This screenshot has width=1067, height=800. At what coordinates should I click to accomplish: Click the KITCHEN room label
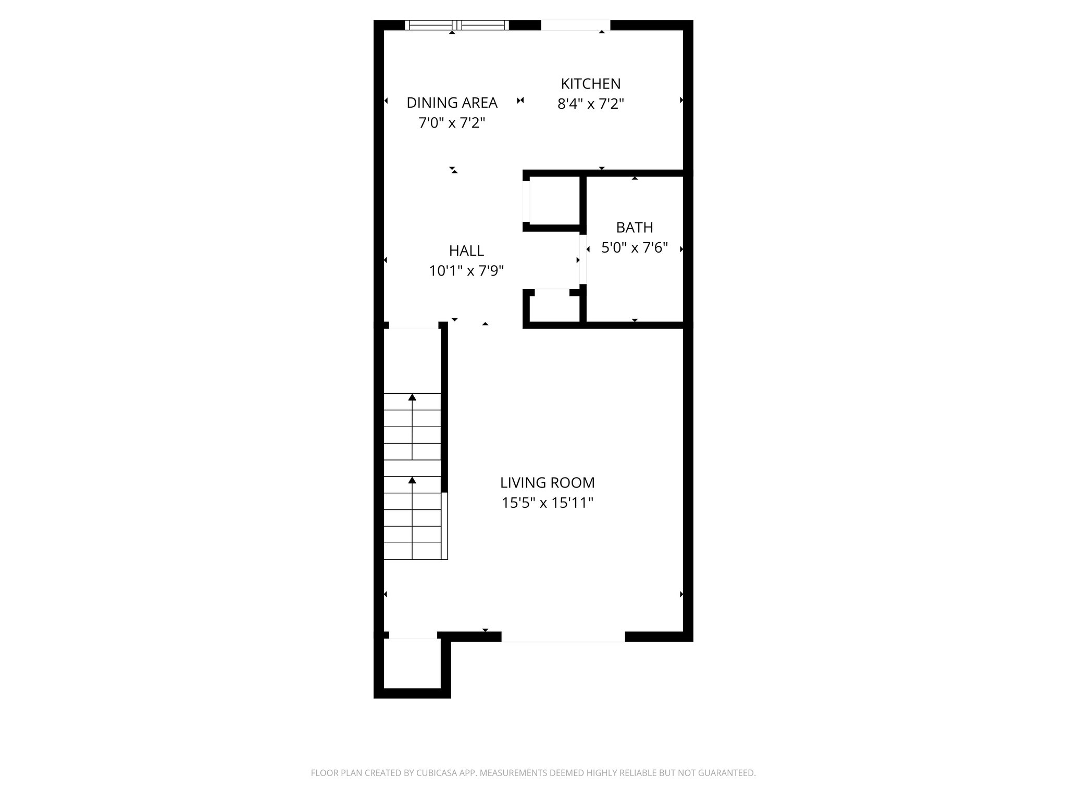(590, 84)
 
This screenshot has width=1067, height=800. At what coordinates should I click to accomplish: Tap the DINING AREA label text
(452, 103)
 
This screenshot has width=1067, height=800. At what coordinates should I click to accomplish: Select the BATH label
(634, 228)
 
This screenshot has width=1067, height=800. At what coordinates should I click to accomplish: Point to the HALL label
(466, 251)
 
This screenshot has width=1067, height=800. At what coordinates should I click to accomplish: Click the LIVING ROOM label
(547, 483)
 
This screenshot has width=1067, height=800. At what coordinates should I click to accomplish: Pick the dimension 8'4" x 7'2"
(590, 104)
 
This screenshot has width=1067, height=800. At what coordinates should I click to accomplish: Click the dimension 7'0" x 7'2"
(452, 123)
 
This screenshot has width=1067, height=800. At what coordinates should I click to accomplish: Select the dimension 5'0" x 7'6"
(634, 248)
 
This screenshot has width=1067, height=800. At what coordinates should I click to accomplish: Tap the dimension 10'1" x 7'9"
(466, 271)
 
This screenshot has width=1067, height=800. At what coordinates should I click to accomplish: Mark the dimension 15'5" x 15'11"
(547, 503)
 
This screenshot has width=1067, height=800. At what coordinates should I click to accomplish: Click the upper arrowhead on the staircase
(412, 397)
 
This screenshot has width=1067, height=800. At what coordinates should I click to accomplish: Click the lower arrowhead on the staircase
(412, 480)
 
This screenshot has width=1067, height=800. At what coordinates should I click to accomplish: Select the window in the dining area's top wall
(456, 25)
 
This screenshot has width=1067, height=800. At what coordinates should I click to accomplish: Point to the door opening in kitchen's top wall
(575, 25)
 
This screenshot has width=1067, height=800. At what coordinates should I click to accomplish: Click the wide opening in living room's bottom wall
(563, 636)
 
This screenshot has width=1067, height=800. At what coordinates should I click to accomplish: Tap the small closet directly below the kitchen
(554, 201)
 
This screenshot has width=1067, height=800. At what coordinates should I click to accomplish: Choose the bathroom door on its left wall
(583, 259)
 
